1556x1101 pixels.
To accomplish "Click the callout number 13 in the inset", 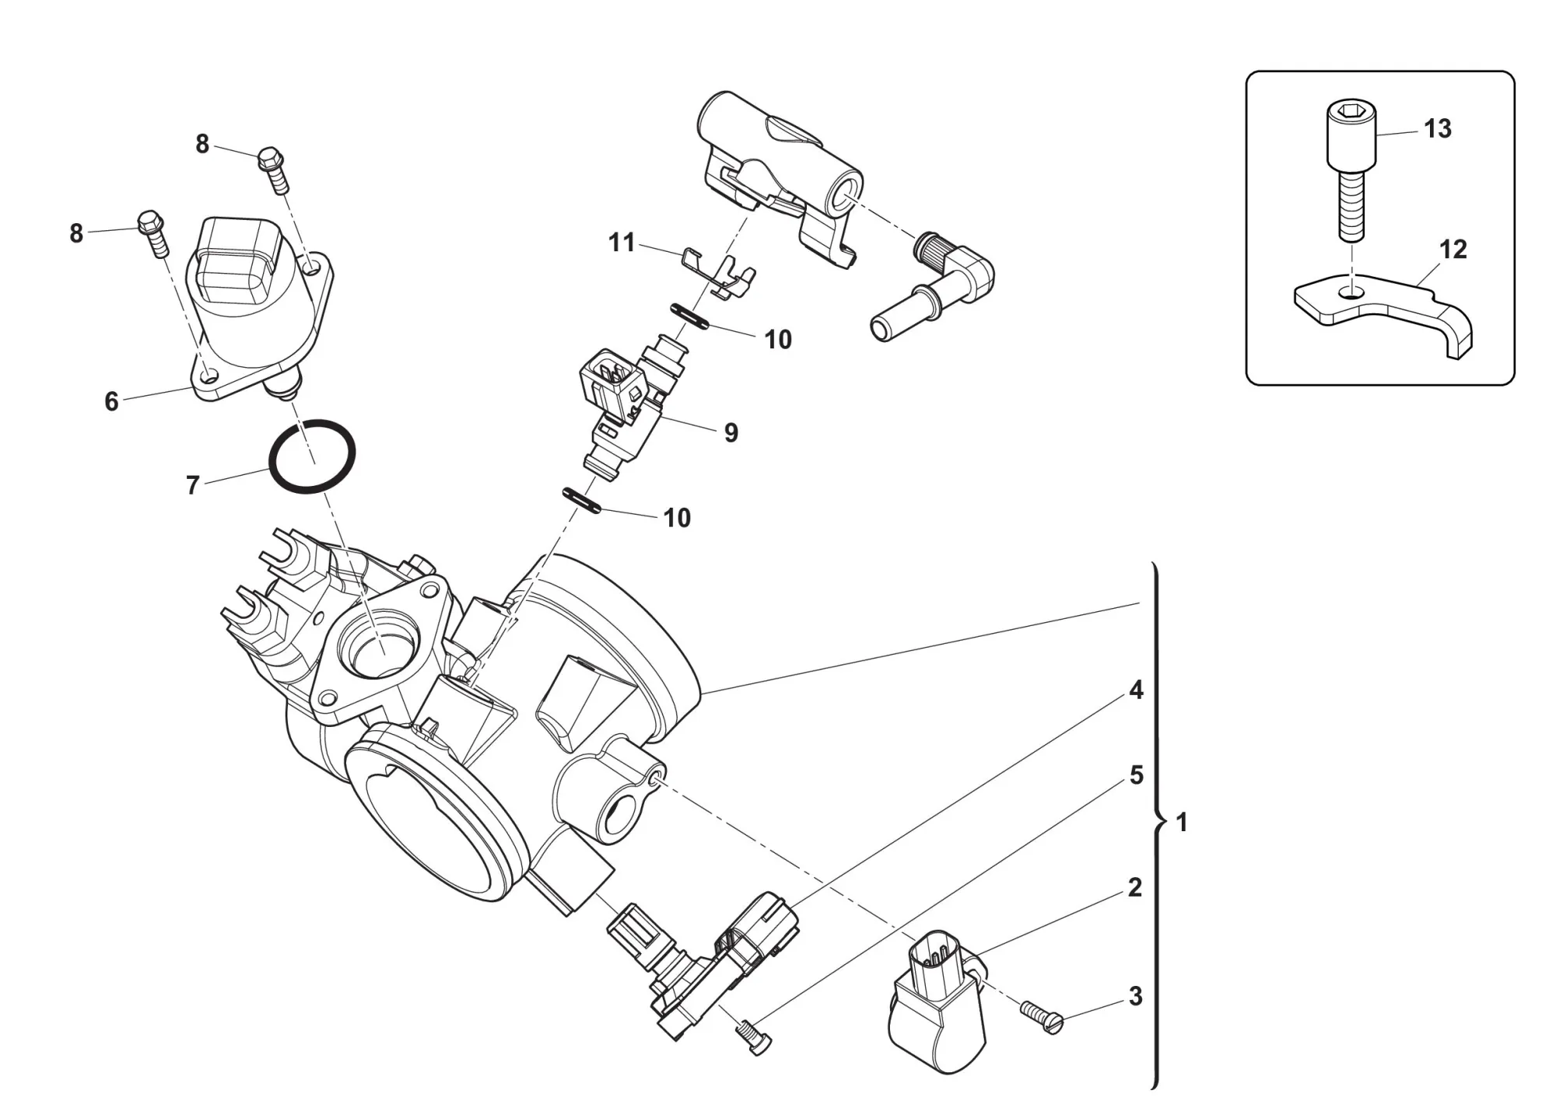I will [x=1438, y=128].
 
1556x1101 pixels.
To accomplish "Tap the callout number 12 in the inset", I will [x=1453, y=250].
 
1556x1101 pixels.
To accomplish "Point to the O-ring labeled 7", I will [x=312, y=456].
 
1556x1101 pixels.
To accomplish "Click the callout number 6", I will [x=112, y=401].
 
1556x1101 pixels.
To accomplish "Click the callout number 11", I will [x=622, y=243].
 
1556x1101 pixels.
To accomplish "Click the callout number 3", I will [x=1136, y=996].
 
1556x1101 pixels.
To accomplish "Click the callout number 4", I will [x=1136, y=690].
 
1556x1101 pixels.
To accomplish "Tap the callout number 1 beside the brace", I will [x=1182, y=822].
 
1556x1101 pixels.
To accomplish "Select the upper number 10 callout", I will [x=778, y=340].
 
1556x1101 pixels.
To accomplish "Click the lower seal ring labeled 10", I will [x=583, y=500].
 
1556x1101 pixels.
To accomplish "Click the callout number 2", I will [x=1135, y=887].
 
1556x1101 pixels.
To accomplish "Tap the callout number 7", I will [x=193, y=485].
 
